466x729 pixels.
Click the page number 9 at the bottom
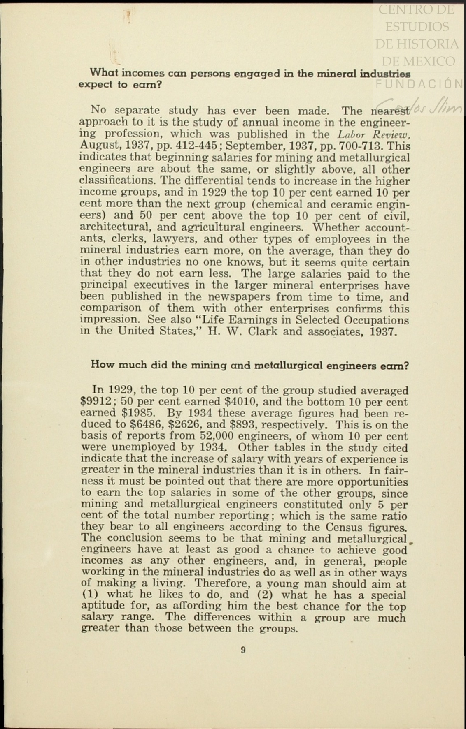[243, 650]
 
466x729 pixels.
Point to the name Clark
[264, 331]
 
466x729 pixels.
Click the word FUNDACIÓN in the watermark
[420, 83]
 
